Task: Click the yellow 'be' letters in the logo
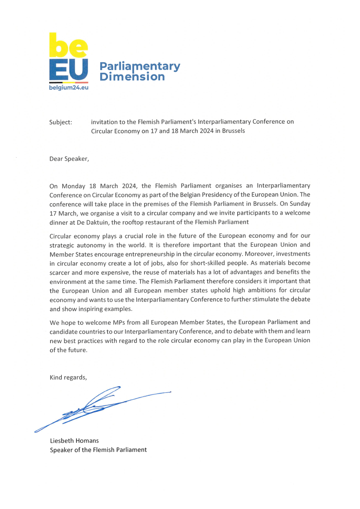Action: coord(68,45)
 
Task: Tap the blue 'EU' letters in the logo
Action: coord(68,69)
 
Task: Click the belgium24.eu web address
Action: coord(68,88)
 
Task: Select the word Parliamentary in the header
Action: coord(139,67)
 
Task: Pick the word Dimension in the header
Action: coord(132,77)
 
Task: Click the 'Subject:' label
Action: coord(61,122)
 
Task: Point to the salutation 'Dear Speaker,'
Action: coord(69,158)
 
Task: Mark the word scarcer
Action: coord(60,272)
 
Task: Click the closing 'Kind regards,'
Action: coord(68,378)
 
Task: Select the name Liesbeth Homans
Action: coord(74,441)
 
